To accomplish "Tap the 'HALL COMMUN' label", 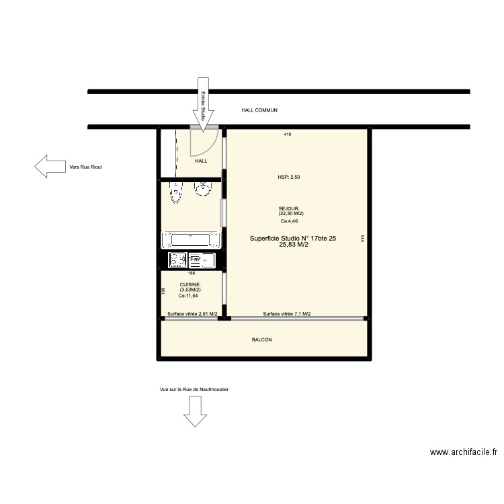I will pos(259,110).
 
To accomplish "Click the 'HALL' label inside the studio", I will pos(201,161).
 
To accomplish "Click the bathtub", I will pos(191,239).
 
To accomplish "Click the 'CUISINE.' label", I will pos(190,285).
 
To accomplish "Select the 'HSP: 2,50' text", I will pos(290,177).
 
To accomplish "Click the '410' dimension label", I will pos(287,135).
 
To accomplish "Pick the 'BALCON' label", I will pos(261,340).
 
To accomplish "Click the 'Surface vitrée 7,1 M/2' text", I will pos(286,314).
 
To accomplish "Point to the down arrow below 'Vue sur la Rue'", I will pos(196,411).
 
